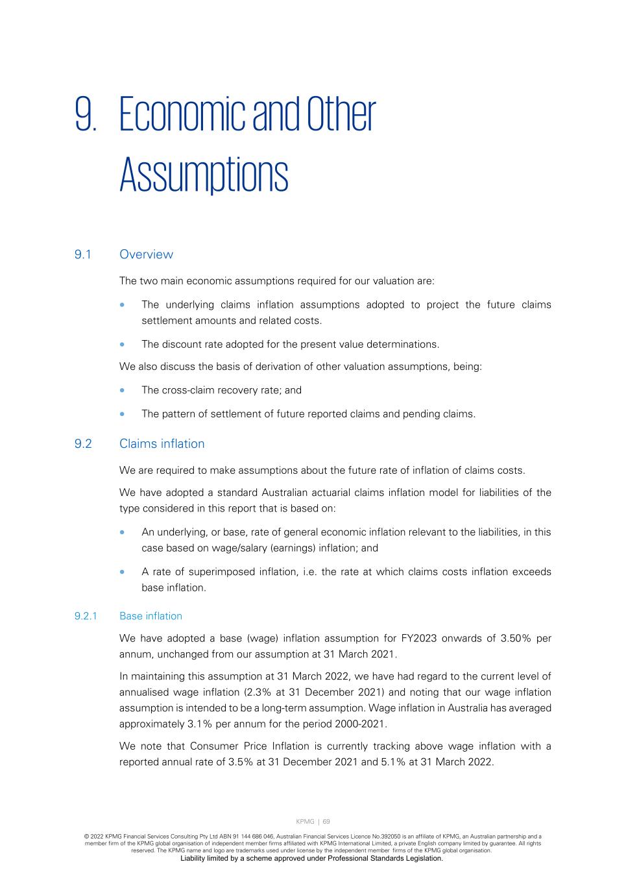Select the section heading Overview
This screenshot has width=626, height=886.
[x=146, y=254]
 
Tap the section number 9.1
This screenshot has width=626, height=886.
[x=82, y=254]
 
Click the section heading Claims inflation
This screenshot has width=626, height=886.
[x=162, y=444]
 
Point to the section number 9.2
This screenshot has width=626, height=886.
[x=83, y=444]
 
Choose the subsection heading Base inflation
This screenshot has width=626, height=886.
[x=150, y=616]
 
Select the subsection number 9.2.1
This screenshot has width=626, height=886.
[x=86, y=616]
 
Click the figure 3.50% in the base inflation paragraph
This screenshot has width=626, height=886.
[x=516, y=638]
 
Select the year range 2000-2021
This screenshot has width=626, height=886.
[x=359, y=724]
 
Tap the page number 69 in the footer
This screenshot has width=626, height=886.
[x=326, y=822]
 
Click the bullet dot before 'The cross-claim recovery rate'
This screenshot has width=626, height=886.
[x=123, y=391]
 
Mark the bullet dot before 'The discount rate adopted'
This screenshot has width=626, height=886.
[x=123, y=345]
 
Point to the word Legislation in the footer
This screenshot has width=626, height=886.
[x=421, y=858]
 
